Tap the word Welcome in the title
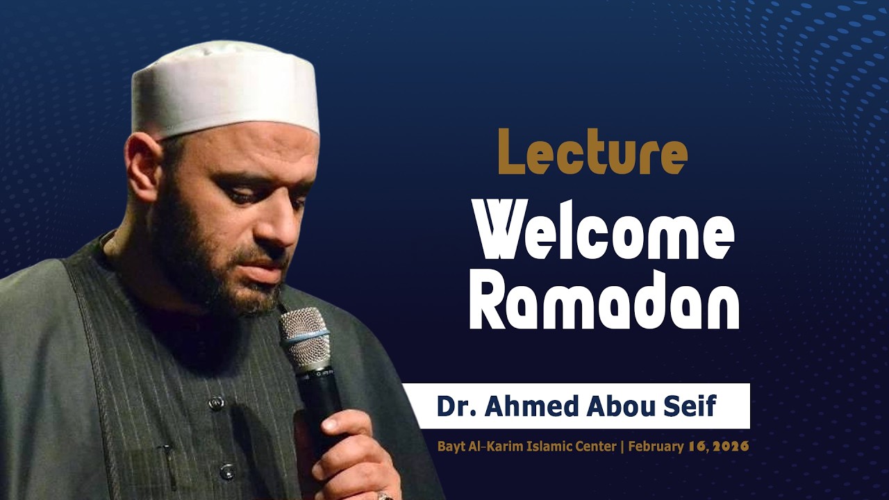[x=603, y=236]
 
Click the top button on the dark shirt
[x=216, y=402]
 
